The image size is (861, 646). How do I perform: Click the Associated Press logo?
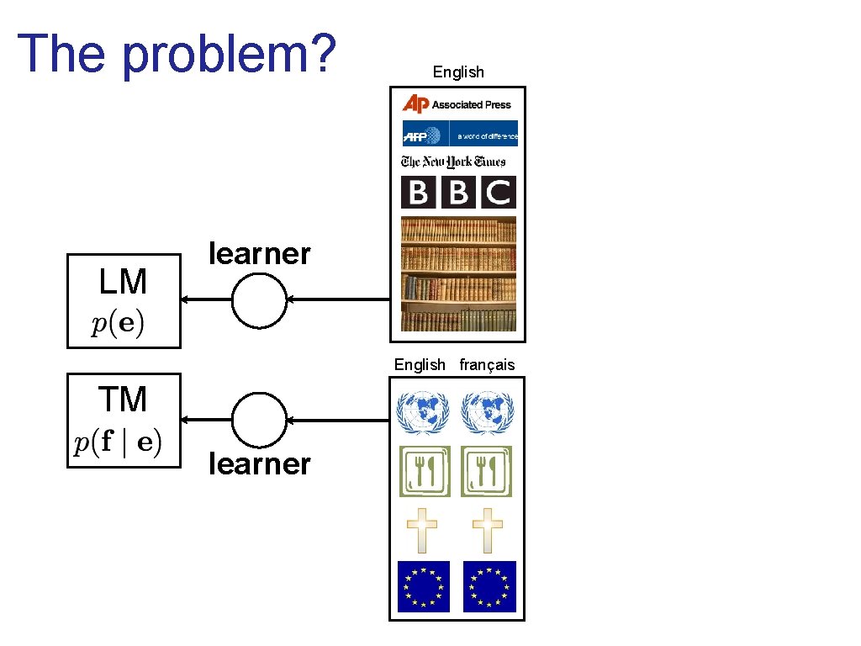coord(457,104)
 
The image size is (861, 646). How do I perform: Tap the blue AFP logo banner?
coord(459,135)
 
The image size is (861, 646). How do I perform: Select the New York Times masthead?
coord(453,161)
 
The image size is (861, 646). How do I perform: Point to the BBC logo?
coord(458,193)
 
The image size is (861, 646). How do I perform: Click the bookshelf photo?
coord(458,274)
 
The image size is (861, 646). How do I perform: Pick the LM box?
coord(124,300)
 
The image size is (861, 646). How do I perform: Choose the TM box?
coord(124,420)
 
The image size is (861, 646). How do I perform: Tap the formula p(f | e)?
coord(119,443)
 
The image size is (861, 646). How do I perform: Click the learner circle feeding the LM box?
coord(259,299)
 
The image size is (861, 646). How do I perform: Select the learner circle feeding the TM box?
coord(259,420)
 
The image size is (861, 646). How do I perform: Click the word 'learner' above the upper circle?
coord(260,253)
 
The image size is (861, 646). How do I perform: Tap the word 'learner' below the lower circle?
coord(260,463)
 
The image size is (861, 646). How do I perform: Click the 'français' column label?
coord(487,364)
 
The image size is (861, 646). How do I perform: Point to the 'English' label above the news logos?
coord(458,72)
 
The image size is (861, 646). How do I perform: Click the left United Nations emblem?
coord(424,411)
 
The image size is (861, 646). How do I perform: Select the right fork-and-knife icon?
coord(486,471)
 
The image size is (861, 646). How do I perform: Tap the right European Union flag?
coord(489,586)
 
